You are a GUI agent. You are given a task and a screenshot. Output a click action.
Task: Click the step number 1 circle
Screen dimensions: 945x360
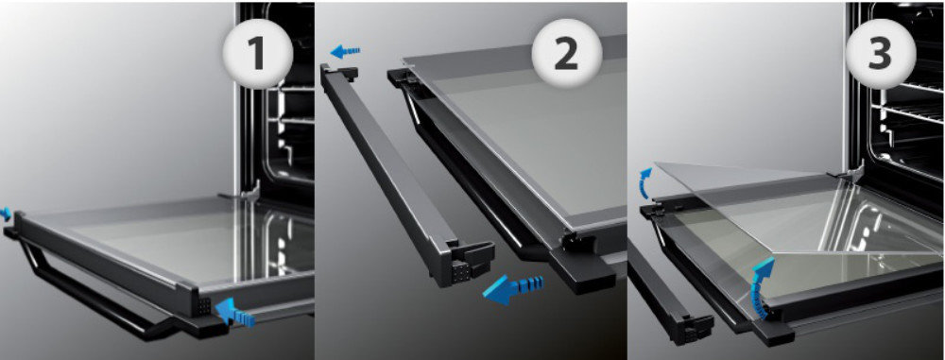258,53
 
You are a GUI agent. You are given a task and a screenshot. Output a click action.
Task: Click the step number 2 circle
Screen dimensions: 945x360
566,53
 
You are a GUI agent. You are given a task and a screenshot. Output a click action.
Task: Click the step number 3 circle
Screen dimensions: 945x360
880,53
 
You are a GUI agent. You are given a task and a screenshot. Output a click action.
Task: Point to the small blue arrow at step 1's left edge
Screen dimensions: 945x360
6,213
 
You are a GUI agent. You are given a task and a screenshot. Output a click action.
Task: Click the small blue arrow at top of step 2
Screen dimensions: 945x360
345,51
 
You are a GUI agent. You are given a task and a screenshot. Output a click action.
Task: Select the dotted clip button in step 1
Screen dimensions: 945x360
204,306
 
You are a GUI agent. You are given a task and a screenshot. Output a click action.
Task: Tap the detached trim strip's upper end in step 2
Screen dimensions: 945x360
338,74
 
